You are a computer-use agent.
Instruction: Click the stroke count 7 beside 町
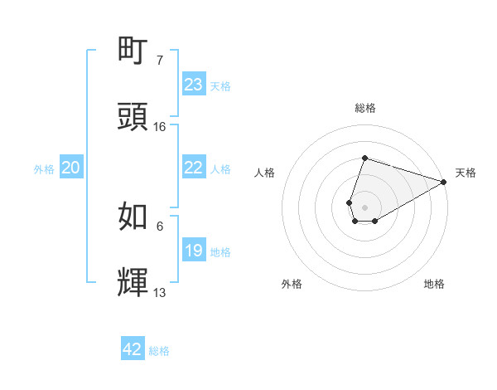tap(160, 61)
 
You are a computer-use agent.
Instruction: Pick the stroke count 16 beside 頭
tap(160, 127)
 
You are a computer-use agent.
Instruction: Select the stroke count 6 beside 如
tap(160, 225)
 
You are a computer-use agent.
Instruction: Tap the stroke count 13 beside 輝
tap(160, 291)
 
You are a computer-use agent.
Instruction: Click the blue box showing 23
tap(194, 85)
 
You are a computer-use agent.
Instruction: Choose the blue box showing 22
tap(194, 168)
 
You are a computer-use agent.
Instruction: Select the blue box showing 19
tap(194, 251)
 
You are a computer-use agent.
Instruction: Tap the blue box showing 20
tap(71, 168)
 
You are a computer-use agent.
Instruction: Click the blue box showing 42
tap(133, 349)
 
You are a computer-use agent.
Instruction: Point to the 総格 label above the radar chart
tap(365, 108)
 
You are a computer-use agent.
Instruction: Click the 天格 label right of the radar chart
tap(466, 173)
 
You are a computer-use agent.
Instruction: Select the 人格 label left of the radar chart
tap(265, 173)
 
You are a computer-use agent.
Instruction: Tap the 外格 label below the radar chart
tap(292, 284)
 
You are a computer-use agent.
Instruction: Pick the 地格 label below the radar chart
tap(434, 284)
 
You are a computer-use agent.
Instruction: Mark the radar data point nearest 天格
tap(444, 183)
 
